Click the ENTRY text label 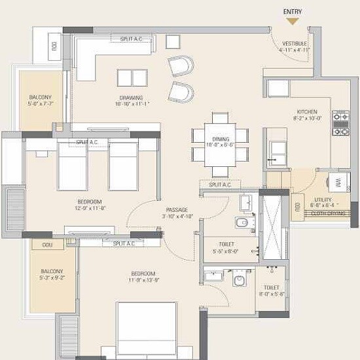(x=292, y=11)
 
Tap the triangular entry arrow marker (x=292, y=22)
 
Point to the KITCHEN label (x=307, y=112)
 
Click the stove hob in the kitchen (x=341, y=123)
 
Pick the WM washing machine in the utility (x=338, y=182)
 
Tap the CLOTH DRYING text (x=329, y=213)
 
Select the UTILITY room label (x=323, y=200)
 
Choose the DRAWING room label (x=131, y=98)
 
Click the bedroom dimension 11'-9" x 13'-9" (x=142, y=281)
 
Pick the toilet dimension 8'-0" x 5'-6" (x=271, y=295)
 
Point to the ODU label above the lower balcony (x=47, y=245)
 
